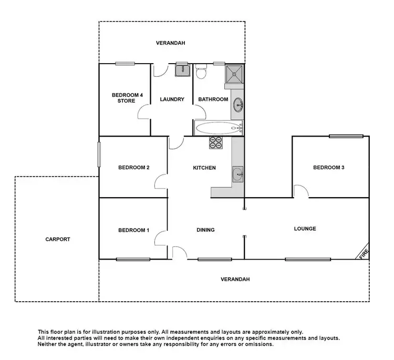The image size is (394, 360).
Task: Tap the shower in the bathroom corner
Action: [x=234, y=74]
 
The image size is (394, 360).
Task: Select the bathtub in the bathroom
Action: [x=218, y=127]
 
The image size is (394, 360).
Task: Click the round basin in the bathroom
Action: [x=239, y=104]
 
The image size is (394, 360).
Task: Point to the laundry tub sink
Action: [x=182, y=70]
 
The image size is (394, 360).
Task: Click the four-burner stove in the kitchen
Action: [x=216, y=142]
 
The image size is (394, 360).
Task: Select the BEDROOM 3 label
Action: [x=328, y=168]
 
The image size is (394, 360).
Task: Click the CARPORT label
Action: [x=58, y=239]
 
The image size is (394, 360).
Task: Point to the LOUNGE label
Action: [x=305, y=229]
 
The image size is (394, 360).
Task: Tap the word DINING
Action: [x=205, y=230]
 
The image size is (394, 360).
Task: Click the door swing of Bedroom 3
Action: [x=300, y=191]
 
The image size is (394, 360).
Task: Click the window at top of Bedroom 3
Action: [x=346, y=137]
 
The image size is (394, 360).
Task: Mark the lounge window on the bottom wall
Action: [x=307, y=259]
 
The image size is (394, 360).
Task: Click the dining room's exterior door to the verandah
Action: [x=178, y=253]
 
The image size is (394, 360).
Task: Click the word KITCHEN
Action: [x=204, y=168]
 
